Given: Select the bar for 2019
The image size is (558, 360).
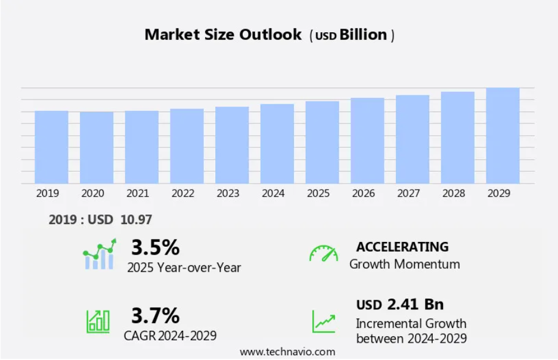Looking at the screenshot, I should tap(51, 147).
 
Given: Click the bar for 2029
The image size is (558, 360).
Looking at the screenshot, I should tap(503, 136).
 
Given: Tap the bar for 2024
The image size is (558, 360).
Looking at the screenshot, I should tap(277, 144).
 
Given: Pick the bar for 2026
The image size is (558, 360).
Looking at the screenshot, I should tap(367, 141).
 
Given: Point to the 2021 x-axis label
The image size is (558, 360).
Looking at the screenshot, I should tap(138, 194).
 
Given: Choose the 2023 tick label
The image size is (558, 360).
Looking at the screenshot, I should tap(228, 194).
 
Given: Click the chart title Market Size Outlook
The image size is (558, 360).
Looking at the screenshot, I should tap(223, 35).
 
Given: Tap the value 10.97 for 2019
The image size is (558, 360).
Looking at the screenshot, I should tap(136, 220).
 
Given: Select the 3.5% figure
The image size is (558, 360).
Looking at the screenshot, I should tap(155, 247).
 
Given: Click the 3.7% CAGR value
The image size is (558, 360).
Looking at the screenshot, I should tap(155, 315).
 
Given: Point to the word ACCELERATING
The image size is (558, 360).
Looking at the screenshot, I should tap(402, 247).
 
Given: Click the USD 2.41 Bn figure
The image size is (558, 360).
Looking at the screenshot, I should tap(400, 305).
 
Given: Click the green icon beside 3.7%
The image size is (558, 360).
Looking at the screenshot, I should tap(98, 321).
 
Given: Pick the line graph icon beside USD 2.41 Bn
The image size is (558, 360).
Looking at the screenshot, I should tap(324, 321).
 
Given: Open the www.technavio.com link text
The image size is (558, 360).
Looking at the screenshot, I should tap(287, 352).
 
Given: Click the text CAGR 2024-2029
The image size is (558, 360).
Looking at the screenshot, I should tap(170, 336).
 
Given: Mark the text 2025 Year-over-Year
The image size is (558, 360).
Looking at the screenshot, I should tap(184, 267).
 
